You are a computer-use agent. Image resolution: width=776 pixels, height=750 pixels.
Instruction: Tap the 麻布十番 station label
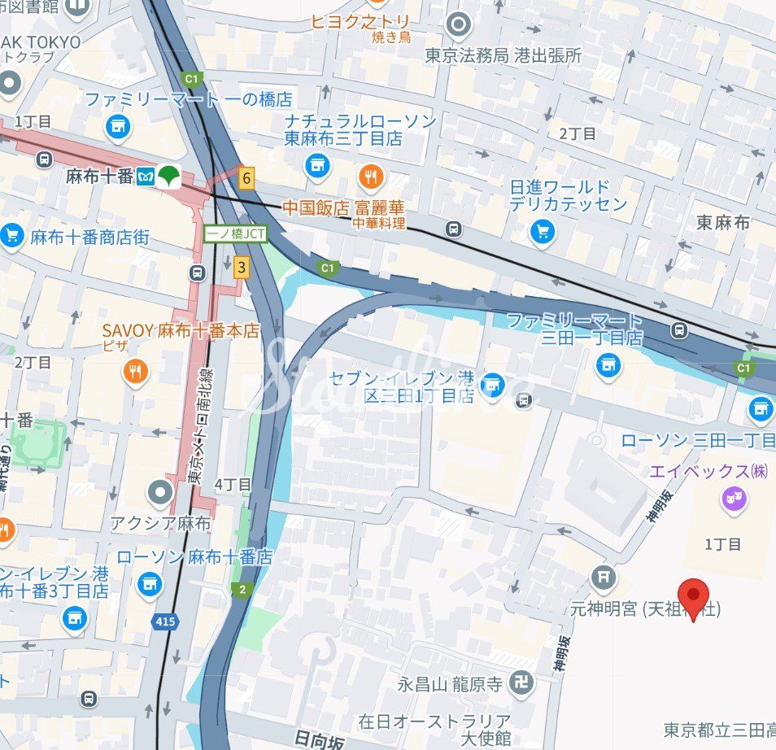(99, 176)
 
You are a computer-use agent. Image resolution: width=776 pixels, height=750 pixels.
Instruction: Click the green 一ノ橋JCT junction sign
(223, 232)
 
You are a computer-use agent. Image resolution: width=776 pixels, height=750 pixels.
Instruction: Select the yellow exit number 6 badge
(246, 177)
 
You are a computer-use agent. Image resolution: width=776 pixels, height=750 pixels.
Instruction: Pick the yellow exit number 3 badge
(241, 267)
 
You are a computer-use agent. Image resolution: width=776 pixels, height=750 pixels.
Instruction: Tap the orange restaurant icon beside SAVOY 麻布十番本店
(136, 372)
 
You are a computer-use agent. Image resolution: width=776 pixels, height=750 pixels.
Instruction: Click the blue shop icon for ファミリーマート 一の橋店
(118, 126)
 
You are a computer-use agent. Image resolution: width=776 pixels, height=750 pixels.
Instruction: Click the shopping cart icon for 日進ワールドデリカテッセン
(543, 232)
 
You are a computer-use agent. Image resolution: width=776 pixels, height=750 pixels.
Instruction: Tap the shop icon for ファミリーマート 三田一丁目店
(608, 365)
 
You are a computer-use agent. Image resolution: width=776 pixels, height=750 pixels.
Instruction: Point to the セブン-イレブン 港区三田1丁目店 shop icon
(491, 386)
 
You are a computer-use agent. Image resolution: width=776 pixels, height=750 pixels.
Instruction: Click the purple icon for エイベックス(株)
(735, 499)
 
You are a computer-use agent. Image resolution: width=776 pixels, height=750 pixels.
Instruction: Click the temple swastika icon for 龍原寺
(521, 682)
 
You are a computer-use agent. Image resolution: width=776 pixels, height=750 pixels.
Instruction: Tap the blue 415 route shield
(163, 621)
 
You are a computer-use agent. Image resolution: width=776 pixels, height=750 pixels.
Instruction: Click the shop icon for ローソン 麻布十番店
(149, 583)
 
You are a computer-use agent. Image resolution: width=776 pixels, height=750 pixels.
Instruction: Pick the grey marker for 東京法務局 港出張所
(459, 24)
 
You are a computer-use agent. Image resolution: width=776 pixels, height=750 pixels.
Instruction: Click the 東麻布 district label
(722, 221)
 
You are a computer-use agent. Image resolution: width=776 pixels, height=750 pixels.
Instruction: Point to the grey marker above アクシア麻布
(160, 491)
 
